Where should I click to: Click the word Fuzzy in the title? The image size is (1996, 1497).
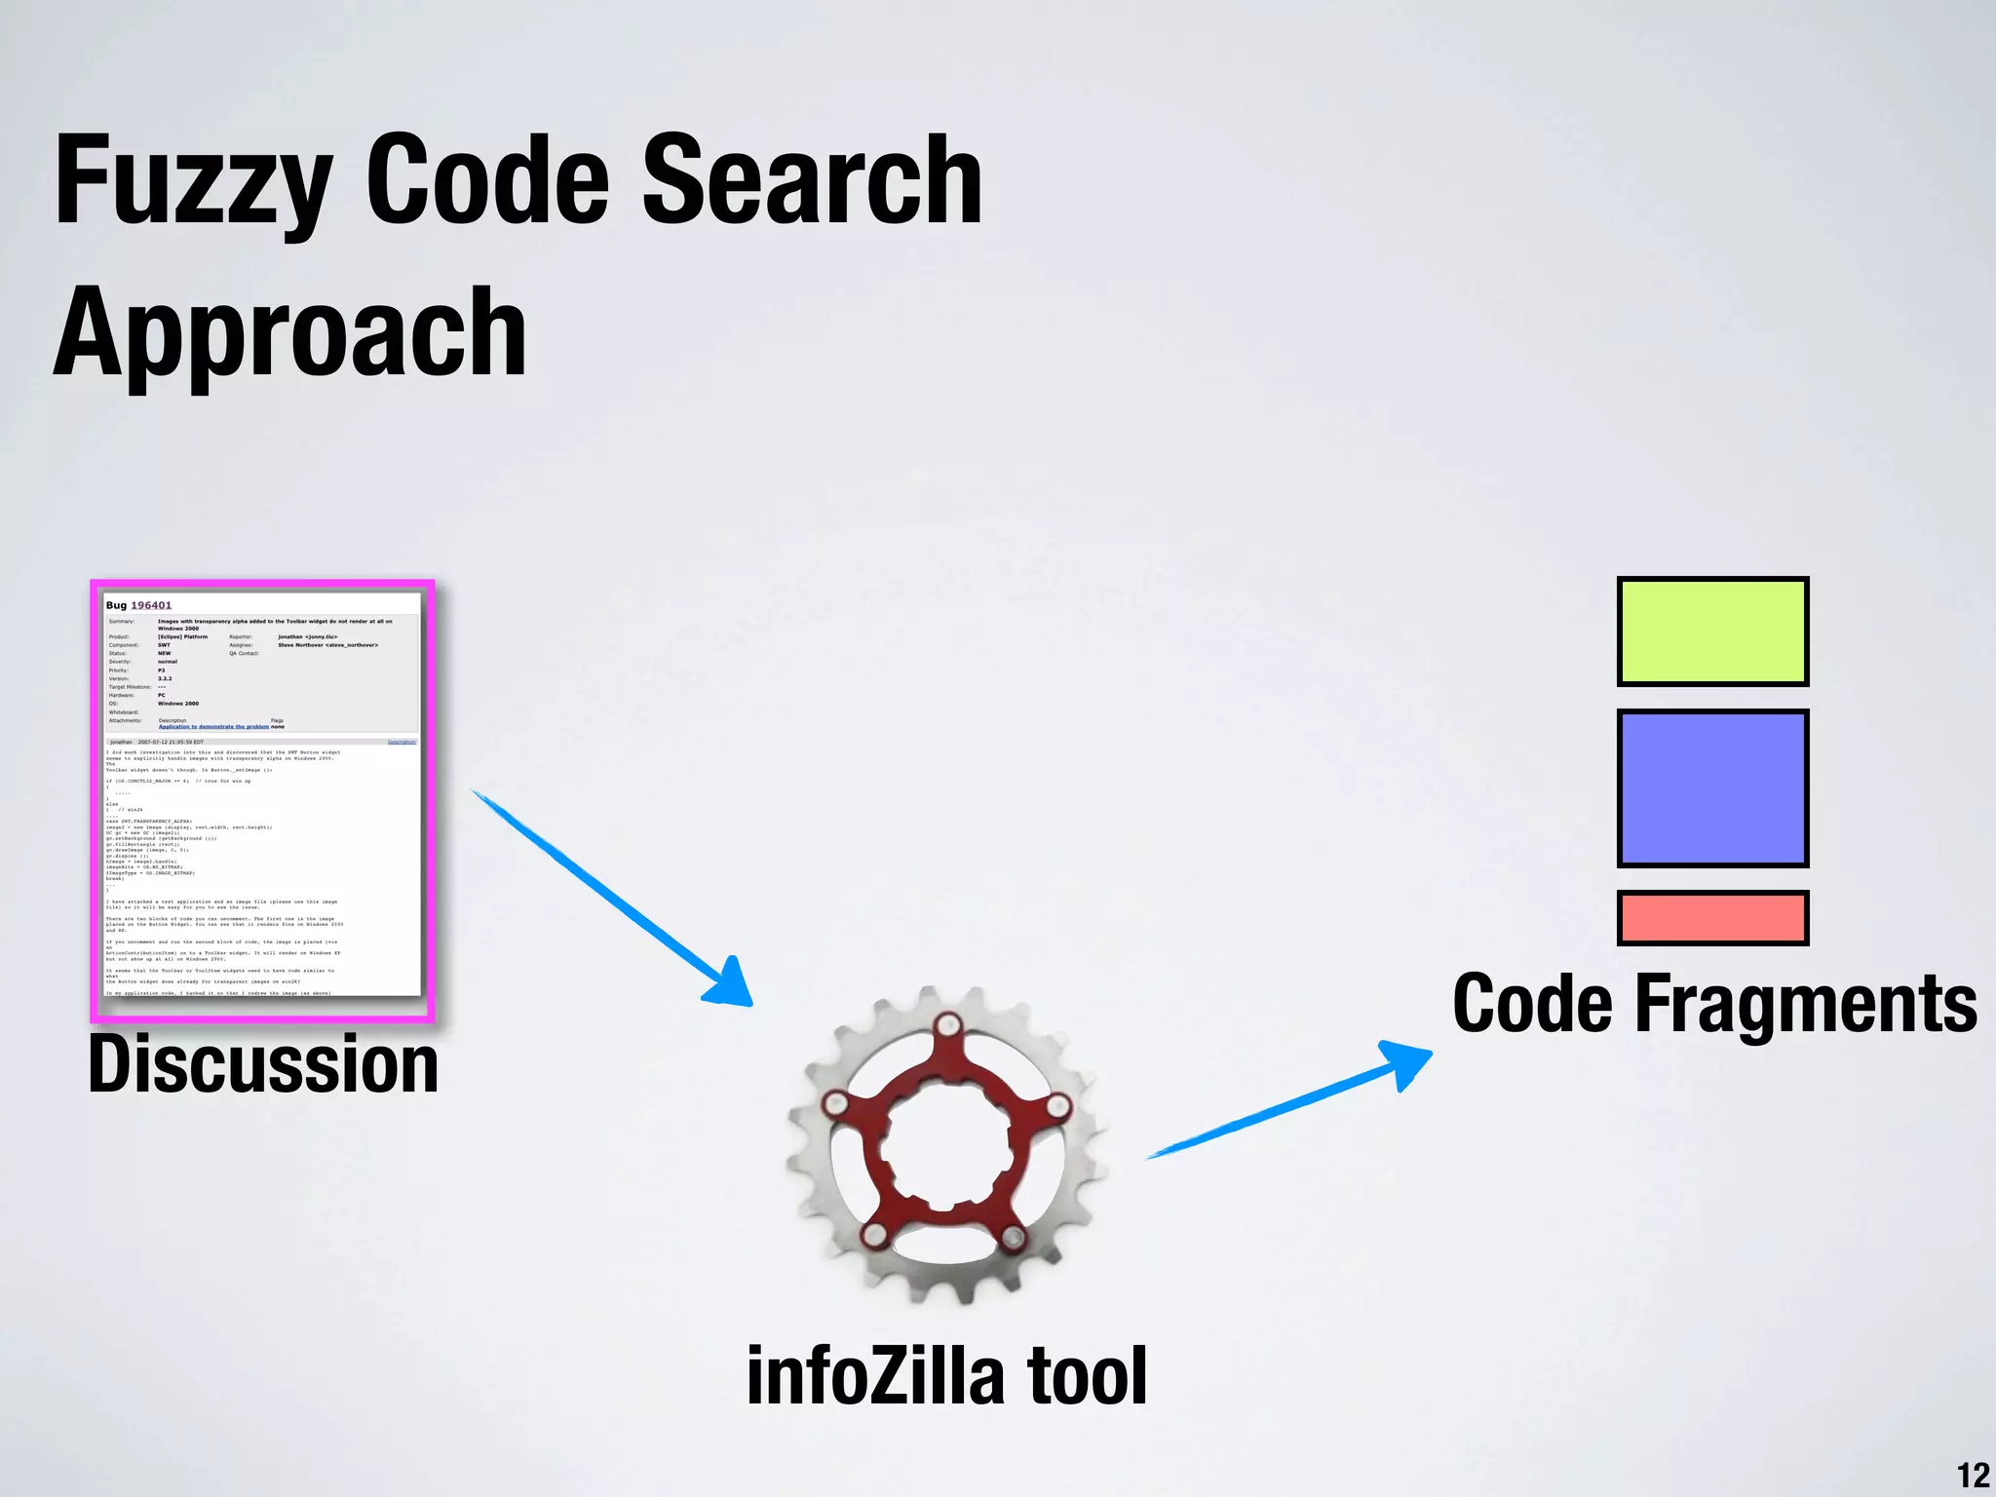(x=193, y=183)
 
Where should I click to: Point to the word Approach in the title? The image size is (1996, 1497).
(x=289, y=334)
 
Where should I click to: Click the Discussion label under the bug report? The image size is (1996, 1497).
(x=263, y=1064)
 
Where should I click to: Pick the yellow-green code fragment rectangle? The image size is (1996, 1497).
(x=1712, y=632)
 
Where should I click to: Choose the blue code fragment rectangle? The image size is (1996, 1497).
(x=1712, y=788)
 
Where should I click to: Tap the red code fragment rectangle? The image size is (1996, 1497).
(x=1712, y=917)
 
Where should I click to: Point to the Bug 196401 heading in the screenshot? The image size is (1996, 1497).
(x=138, y=605)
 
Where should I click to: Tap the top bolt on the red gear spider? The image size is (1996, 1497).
(x=946, y=1026)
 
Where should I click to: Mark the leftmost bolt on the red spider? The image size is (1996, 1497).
(x=835, y=1104)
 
